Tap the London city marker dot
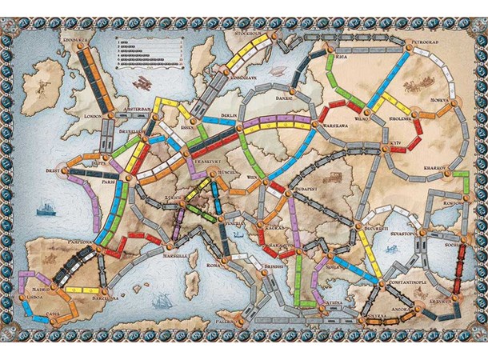(x=106, y=116)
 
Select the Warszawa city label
(x=336, y=126)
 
